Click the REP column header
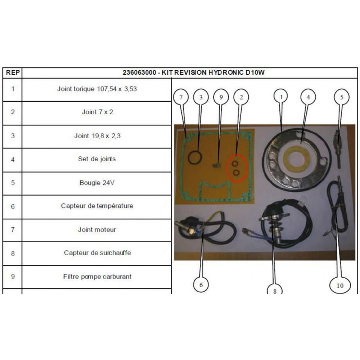pyautogui.click(x=13, y=72)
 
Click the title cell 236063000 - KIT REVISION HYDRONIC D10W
pyautogui.click(x=196, y=72)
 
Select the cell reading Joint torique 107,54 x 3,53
pyautogui.click(x=97, y=89)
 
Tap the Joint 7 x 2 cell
pyautogui.click(x=97, y=112)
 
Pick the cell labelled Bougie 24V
pyautogui.click(x=97, y=183)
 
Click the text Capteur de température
pyautogui.click(x=97, y=206)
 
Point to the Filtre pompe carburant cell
pyautogui.click(x=97, y=276)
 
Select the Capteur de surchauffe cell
pyautogui.click(x=97, y=253)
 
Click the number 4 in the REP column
pyautogui.click(x=13, y=159)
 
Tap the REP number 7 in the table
pyautogui.click(x=13, y=229)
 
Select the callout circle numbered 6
pyautogui.click(x=201, y=284)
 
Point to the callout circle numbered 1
pyautogui.click(x=282, y=97)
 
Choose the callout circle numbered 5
pyautogui.click(x=342, y=97)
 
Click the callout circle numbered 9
pyautogui.click(x=221, y=97)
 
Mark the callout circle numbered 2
pyautogui.click(x=241, y=97)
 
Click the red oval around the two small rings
pyautogui.click(x=237, y=167)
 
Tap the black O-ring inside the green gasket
pyautogui.click(x=195, y=158)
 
